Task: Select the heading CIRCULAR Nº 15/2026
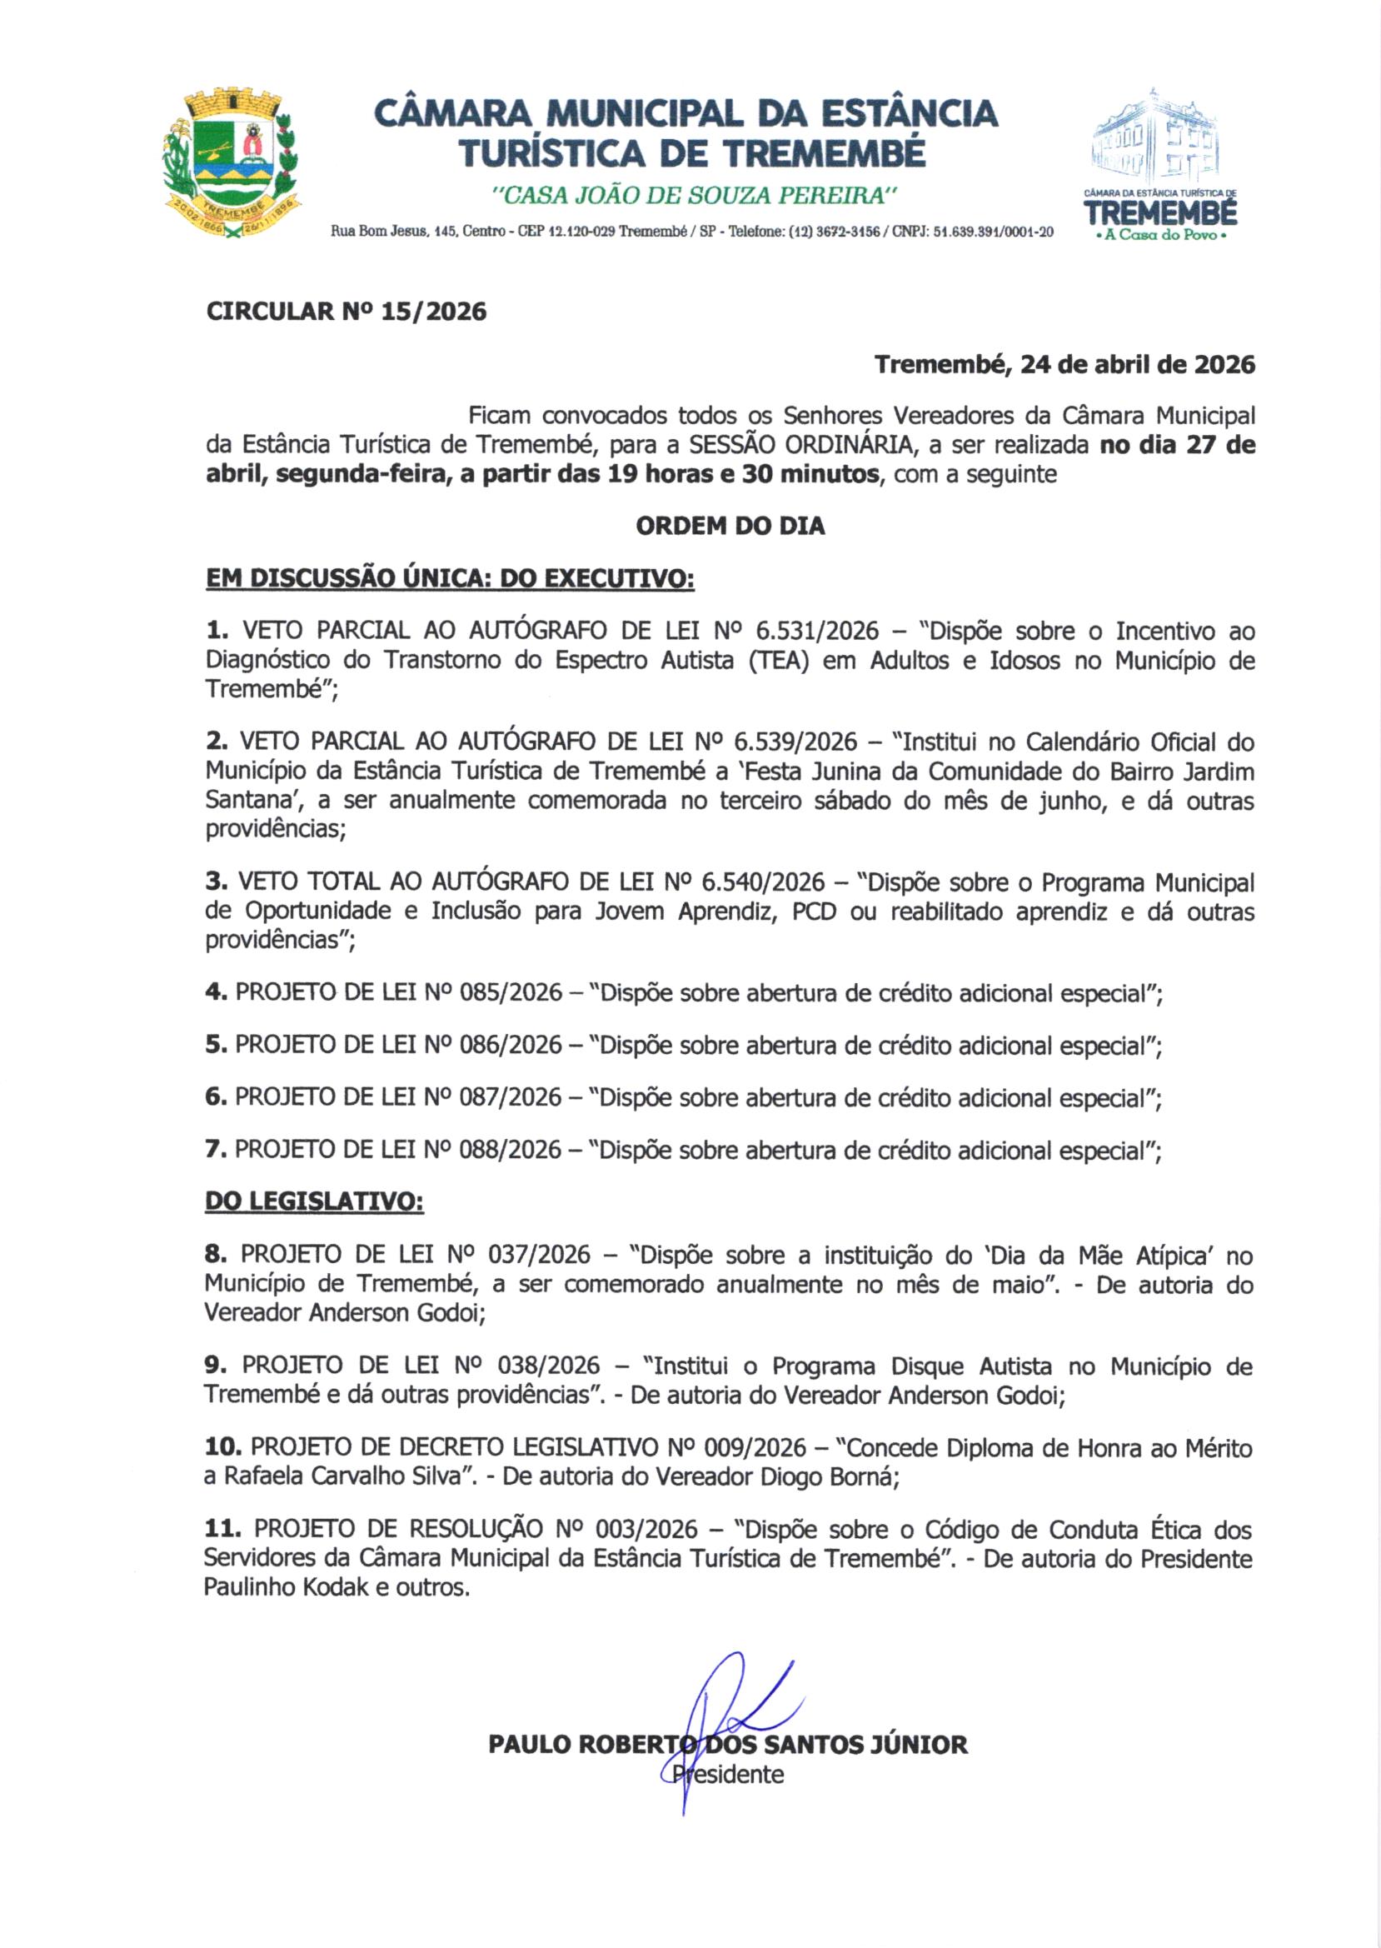(346, 312)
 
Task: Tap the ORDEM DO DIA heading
(730, 526)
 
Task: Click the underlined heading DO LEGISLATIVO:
(314, 1202)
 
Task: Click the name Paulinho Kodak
(286, 1587)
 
